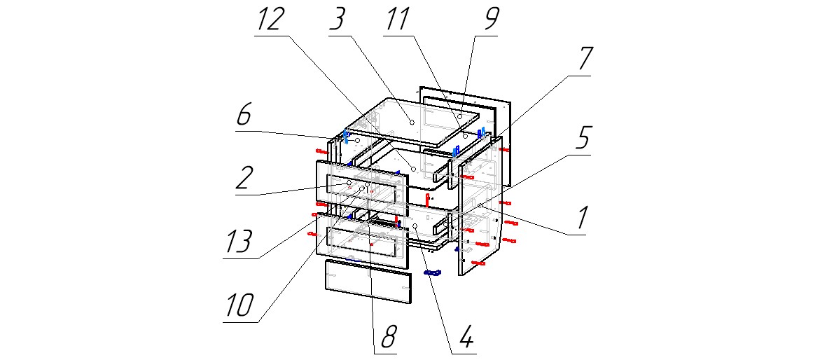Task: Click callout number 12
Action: pyautogui.click(x=270, y=20)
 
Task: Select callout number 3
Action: pyautogui.click(x=338, y=20)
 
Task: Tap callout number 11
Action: pyautogui.click(x=398, y=20)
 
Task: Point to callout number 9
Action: pyautogui.click(x=484, y=20)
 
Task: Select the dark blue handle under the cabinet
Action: pyautogui.click(x=433, y=272)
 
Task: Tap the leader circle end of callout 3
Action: pyautogui.click(x=412, y=122)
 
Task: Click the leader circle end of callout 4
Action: pyautogui.click(x=416, y=227)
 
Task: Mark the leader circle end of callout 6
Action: pyautogui.click(x=357, y=141)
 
